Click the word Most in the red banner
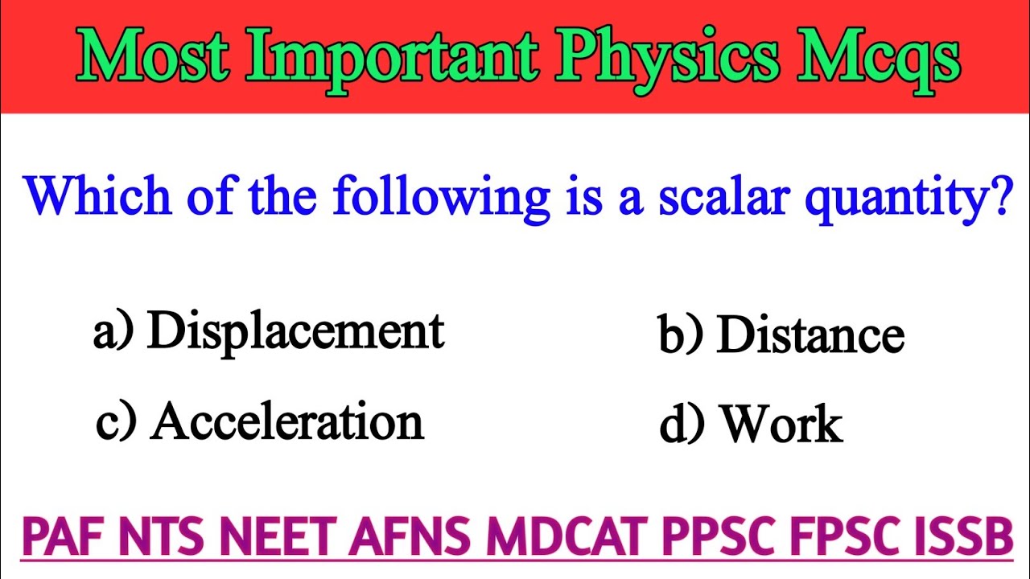point(161,56)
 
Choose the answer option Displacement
point(295,331)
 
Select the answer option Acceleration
point(286,421)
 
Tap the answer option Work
point(781,424)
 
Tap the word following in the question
point(441,198)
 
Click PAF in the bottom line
point(65,538)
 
